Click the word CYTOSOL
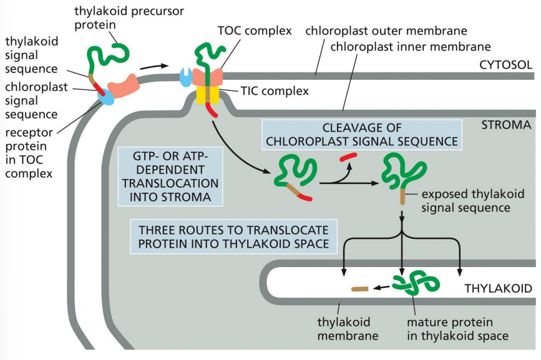coord(505,65)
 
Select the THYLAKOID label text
coord(498,288)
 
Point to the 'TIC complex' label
coord(275,91)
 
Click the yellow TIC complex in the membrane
coord(208,94)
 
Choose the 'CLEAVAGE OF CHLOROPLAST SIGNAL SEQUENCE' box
coord(362,134)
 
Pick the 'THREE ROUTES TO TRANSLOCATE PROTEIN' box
coord(233,235)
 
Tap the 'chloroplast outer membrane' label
coord(386,31)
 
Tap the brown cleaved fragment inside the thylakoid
coord(359,289)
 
